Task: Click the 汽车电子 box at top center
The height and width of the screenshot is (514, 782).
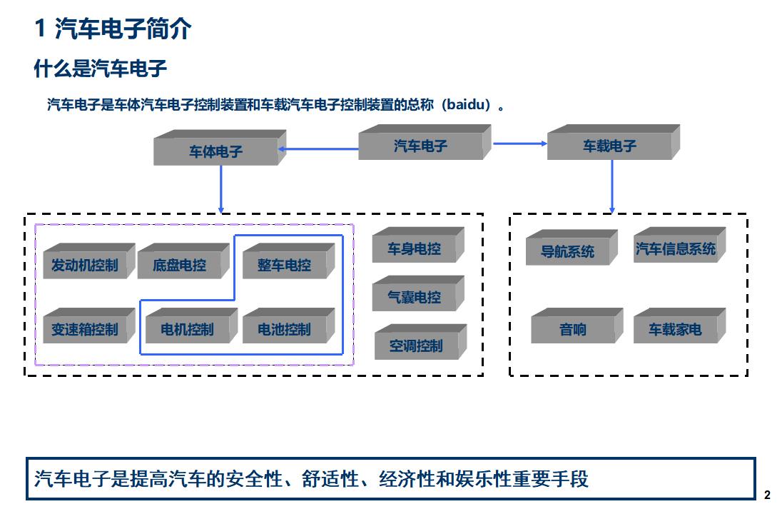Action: click(421, 146)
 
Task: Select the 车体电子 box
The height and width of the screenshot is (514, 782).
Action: click(216, 151)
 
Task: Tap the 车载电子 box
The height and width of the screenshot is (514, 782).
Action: click(609, 146)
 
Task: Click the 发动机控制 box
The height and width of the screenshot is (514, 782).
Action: click(85, 265)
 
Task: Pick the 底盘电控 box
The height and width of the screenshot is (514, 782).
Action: click(179, 265)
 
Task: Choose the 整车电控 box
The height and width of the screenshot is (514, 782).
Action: click(285, 265)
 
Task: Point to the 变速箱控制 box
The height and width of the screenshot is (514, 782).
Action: click(85, 329)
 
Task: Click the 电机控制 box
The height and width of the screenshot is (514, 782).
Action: click(187, 329)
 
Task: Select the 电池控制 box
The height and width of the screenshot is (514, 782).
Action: click(285, 329)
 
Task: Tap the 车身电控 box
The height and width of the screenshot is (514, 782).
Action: click(415, 248)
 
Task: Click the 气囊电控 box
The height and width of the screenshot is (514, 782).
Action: click(415, 297)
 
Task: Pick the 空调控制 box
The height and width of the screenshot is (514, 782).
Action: click(416, 346)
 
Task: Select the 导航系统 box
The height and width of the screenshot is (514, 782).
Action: click(568, 251)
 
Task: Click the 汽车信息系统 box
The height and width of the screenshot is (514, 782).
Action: click(676, 248)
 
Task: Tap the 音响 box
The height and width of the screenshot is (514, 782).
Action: click(573, 329)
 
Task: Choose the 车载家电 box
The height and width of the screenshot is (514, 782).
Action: click(676, 329)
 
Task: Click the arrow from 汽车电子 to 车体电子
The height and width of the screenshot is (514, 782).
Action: click(318, 149)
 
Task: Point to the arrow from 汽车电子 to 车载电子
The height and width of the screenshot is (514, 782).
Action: click(519, 143)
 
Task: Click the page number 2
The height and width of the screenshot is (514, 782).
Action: click(767, 495)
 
